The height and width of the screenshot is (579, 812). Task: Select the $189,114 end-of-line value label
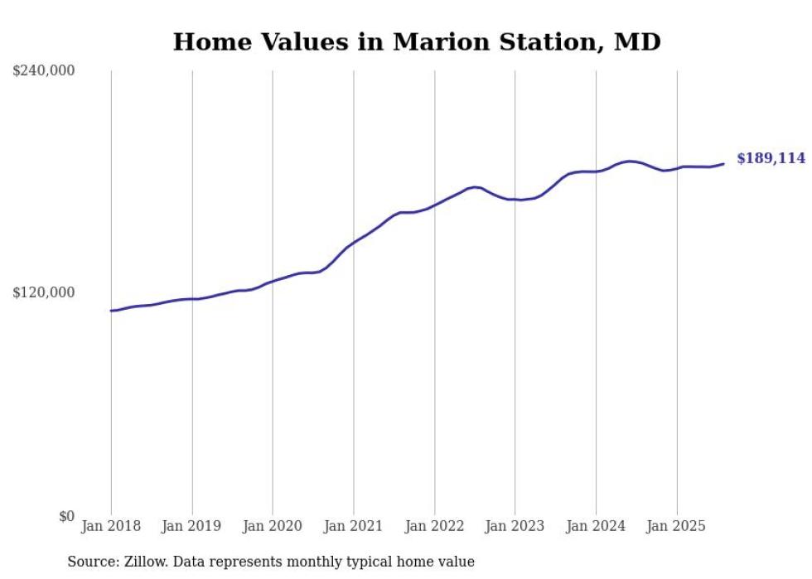[771, 158]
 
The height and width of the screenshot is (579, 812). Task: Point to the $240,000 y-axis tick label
[44, 71]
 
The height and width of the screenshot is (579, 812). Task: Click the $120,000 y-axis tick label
[44, 292]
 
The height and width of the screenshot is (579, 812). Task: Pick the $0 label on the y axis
[66, 516]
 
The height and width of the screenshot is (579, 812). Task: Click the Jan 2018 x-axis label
[111, 526]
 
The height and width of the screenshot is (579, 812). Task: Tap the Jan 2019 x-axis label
[192, 526]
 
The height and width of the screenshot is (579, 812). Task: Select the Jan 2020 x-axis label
[273, 526]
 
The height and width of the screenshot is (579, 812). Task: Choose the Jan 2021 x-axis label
[354, 526]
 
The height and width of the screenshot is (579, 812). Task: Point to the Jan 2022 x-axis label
[434, 526]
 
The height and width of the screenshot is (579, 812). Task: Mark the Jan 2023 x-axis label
[515, 526]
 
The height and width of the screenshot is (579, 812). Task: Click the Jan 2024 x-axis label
[596, 526]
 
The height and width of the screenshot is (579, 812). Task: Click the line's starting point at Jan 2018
[111, 311]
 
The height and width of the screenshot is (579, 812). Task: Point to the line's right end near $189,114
[723, 163]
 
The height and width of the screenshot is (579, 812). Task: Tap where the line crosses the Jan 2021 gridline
[354, 243]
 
